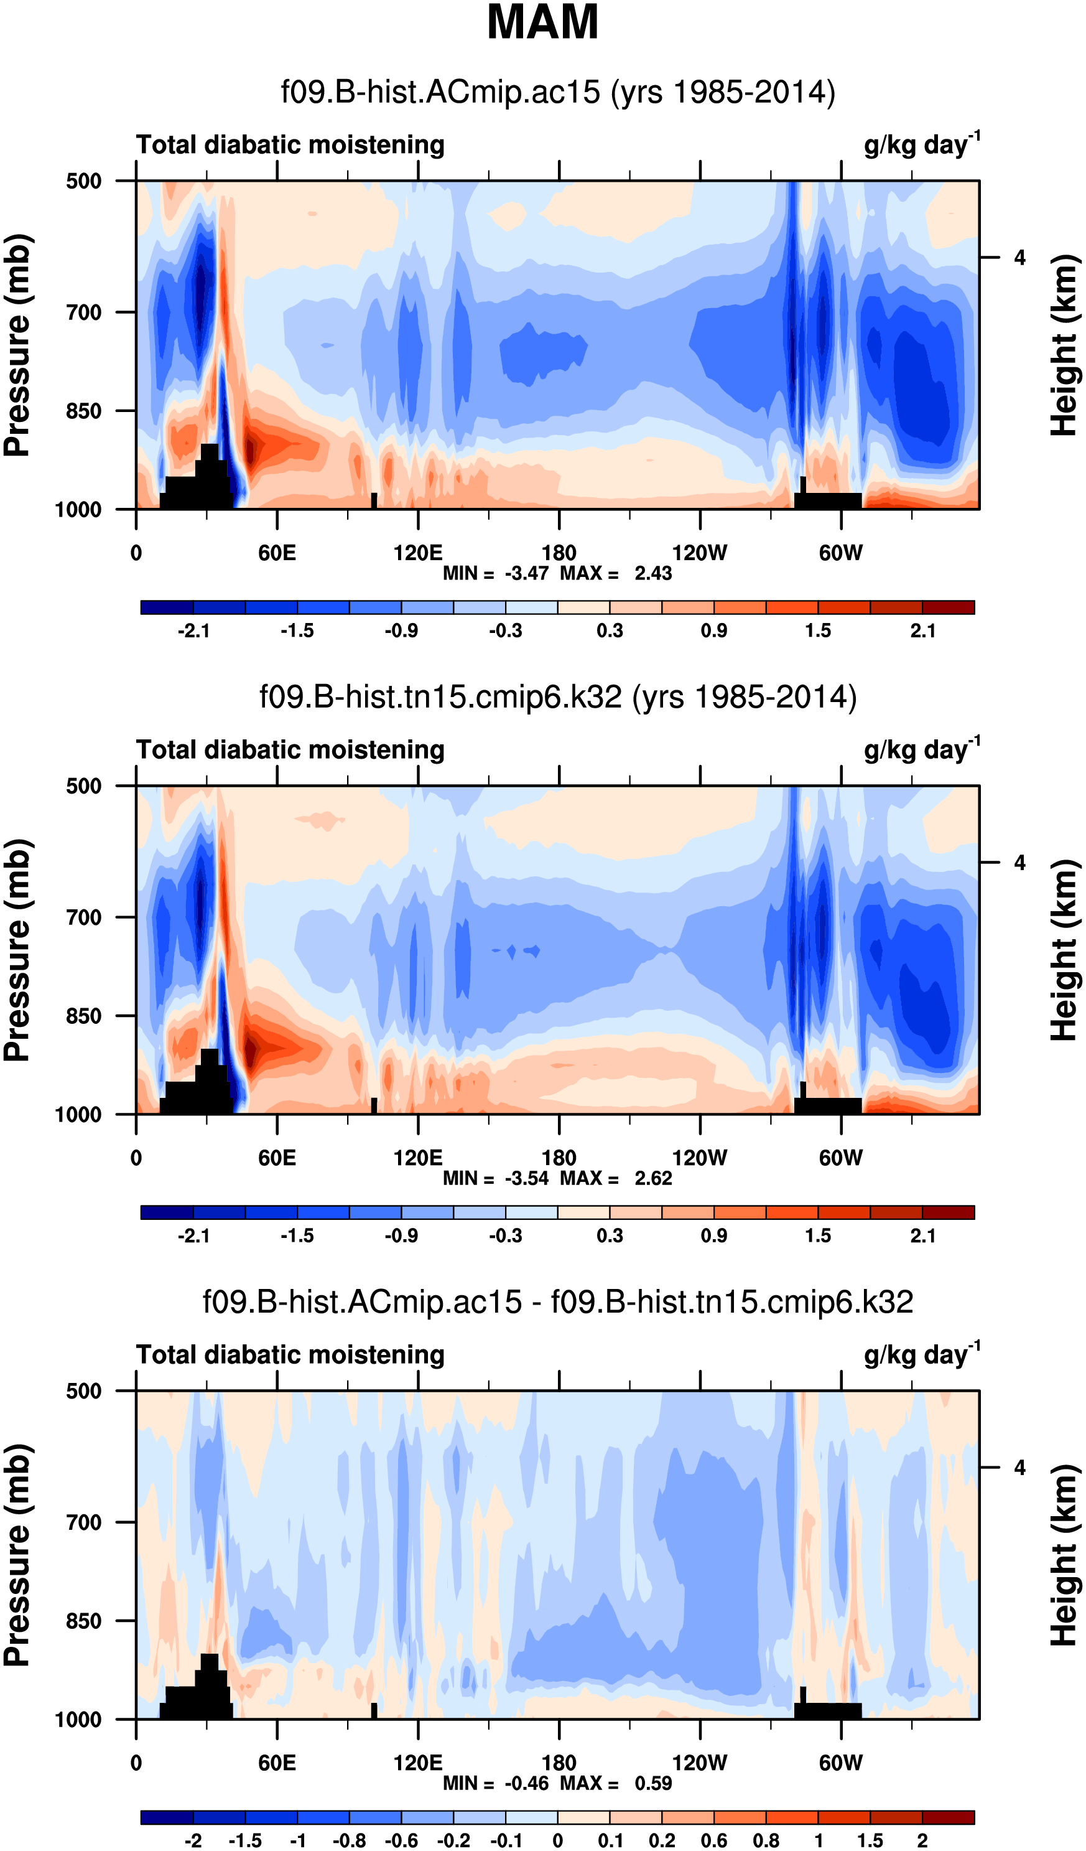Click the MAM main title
click(x=542, y=23)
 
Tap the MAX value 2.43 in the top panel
click(x=652, y=573)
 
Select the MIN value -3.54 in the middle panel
click(x=526, y=1178)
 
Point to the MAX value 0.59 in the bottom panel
click(x=652, y=1783)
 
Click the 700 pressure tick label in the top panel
click(x=84, y=312)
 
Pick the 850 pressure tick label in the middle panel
click(x=84, y=1016)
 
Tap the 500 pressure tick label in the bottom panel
click(x=84, y=1391)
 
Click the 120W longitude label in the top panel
click(x=699, y=553)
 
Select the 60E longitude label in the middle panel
click(x=277, y=1158)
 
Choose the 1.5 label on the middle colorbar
click(x=818, y=1235)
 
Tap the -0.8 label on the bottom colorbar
click(x=349, y=1840)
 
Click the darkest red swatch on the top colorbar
click(x=948, y=607)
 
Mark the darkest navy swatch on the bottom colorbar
click(x=167, y=1817)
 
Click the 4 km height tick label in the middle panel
click(x=1019, y=863)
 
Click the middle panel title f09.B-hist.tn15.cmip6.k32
click(x=558, y=696)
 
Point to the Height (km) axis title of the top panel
click(x=1064, y=345)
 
